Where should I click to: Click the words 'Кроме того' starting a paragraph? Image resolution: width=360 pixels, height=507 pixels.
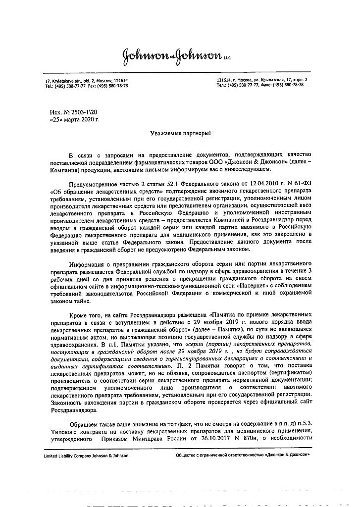coord(86,314)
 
